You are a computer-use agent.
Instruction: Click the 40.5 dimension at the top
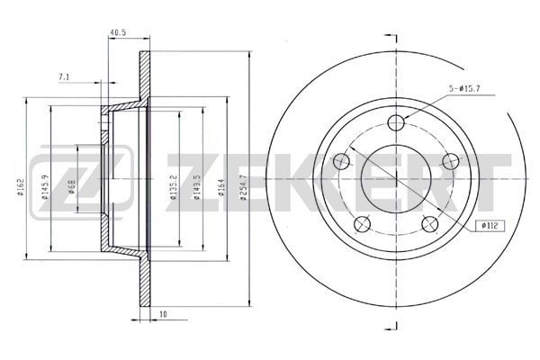coord(116,34)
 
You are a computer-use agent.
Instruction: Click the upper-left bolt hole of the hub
coord(340,162)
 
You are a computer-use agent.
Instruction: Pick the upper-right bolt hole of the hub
coord(450,162)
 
